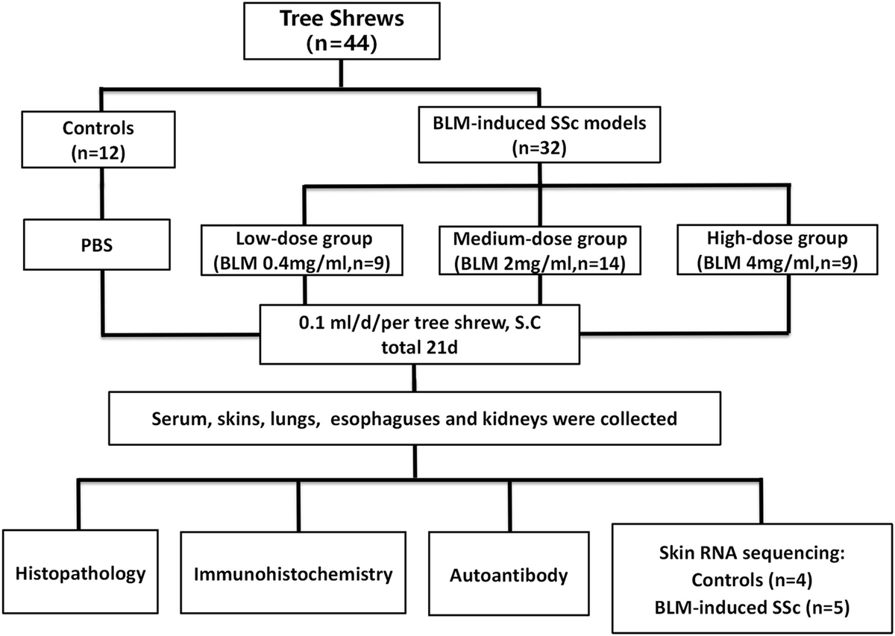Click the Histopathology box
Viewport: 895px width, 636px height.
pos(81,575)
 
